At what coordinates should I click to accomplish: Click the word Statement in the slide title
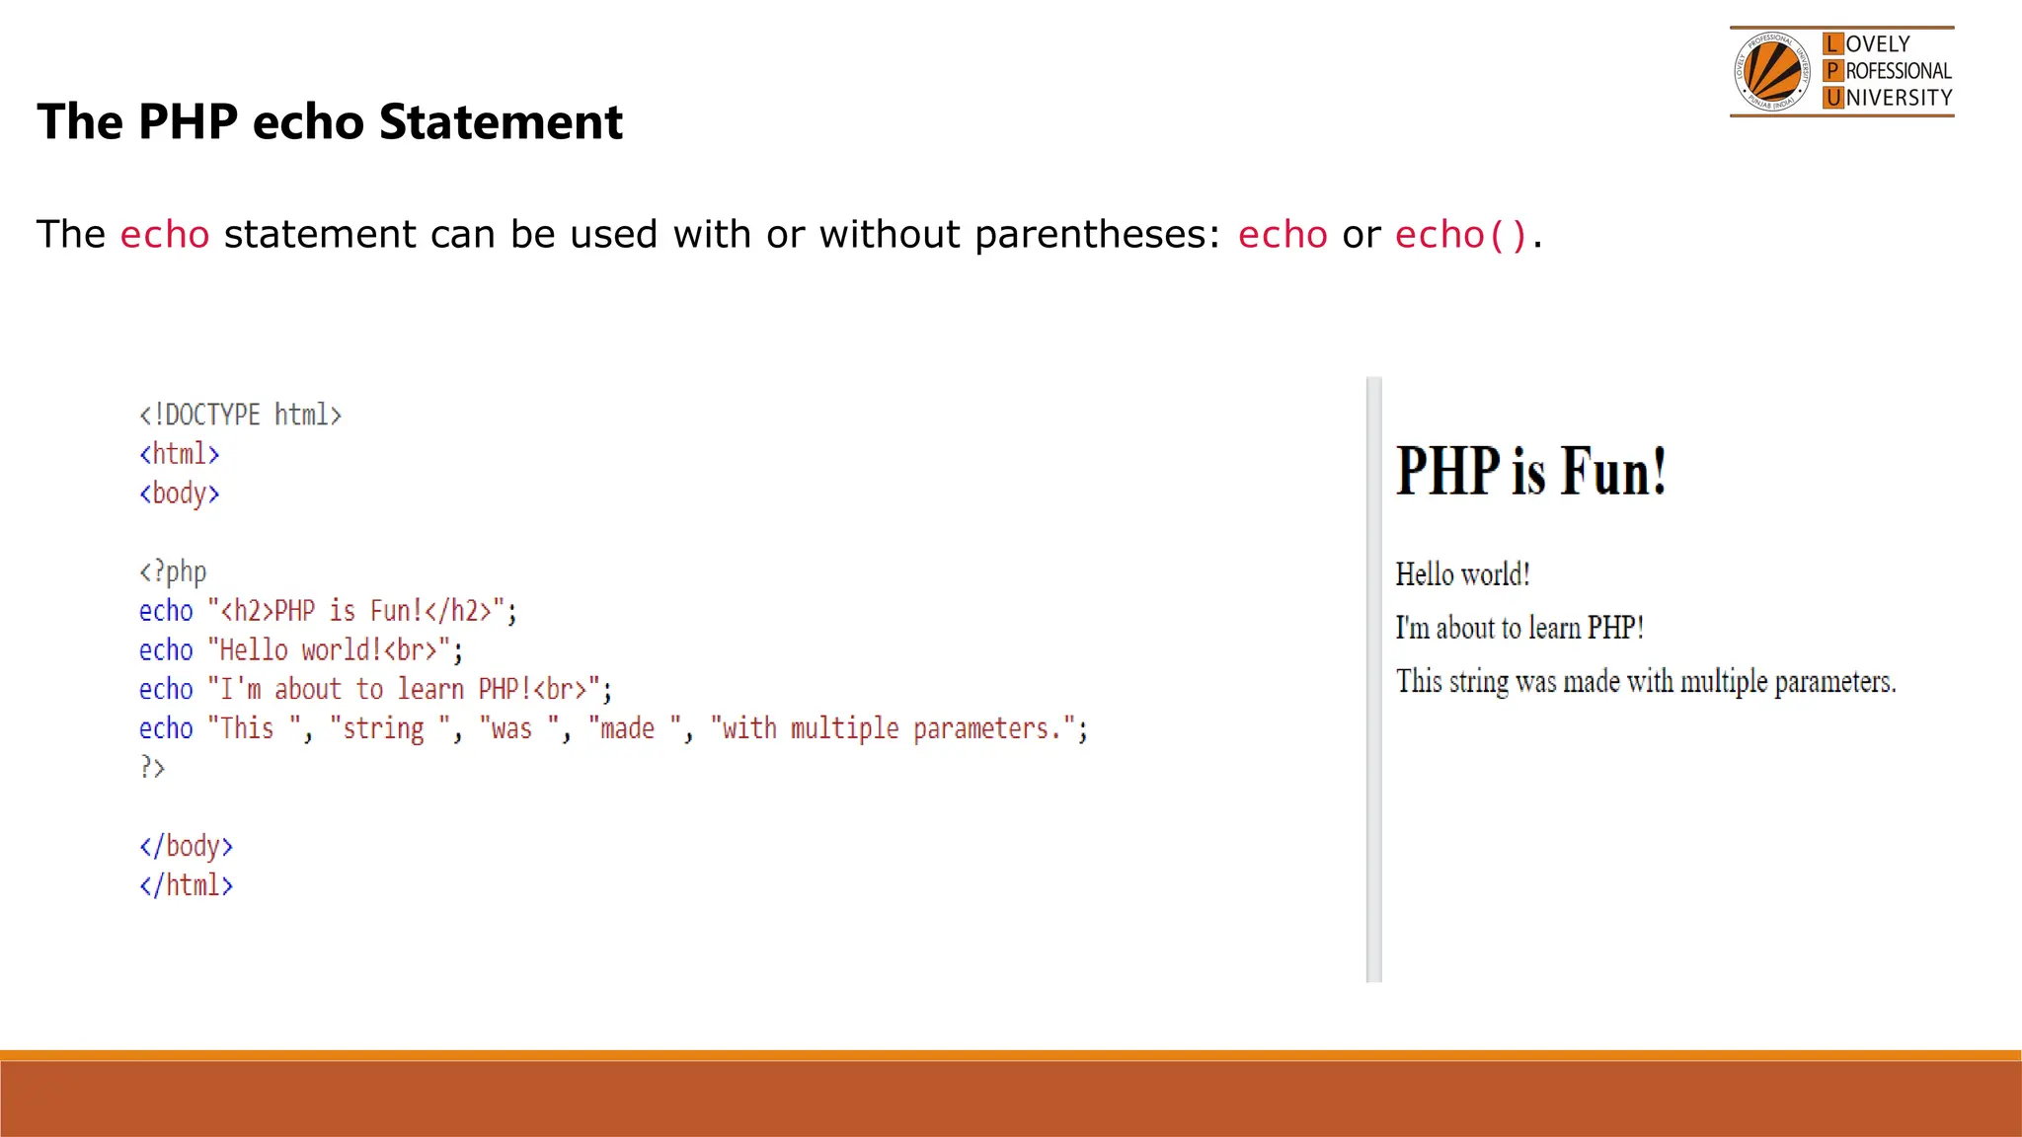coord(500,122)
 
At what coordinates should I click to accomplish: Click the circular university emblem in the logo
coord(1772,72)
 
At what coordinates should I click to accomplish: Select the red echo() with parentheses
coord(1460,235)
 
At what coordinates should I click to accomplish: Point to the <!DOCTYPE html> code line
coord(240,415)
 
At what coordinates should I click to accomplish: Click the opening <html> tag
coord(179,454)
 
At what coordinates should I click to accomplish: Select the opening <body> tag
coord(179,493)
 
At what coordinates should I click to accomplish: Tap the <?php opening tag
coord(173,571)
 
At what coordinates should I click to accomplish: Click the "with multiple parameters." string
coord(893,728)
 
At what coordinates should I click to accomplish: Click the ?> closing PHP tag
coord(152,767)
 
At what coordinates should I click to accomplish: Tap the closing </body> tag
coord(186,846)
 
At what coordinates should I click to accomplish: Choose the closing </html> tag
coord(186,885)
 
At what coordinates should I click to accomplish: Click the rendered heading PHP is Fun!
coord(1530,471)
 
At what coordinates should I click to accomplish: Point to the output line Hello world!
coord(1462,574)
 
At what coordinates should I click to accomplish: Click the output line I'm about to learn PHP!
coord(1519,628)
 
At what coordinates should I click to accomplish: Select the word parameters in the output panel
coord(1834,682)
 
